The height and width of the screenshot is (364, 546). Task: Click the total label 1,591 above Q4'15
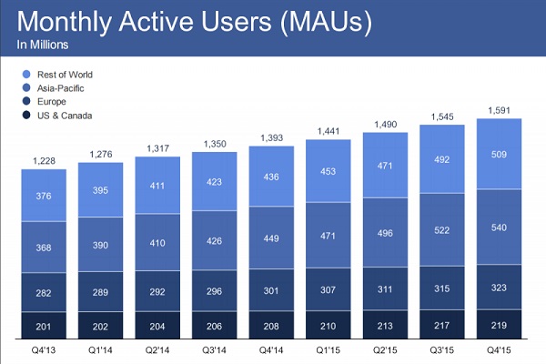498,110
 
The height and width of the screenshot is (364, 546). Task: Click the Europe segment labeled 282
44,292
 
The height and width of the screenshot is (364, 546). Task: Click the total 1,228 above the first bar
44,160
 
